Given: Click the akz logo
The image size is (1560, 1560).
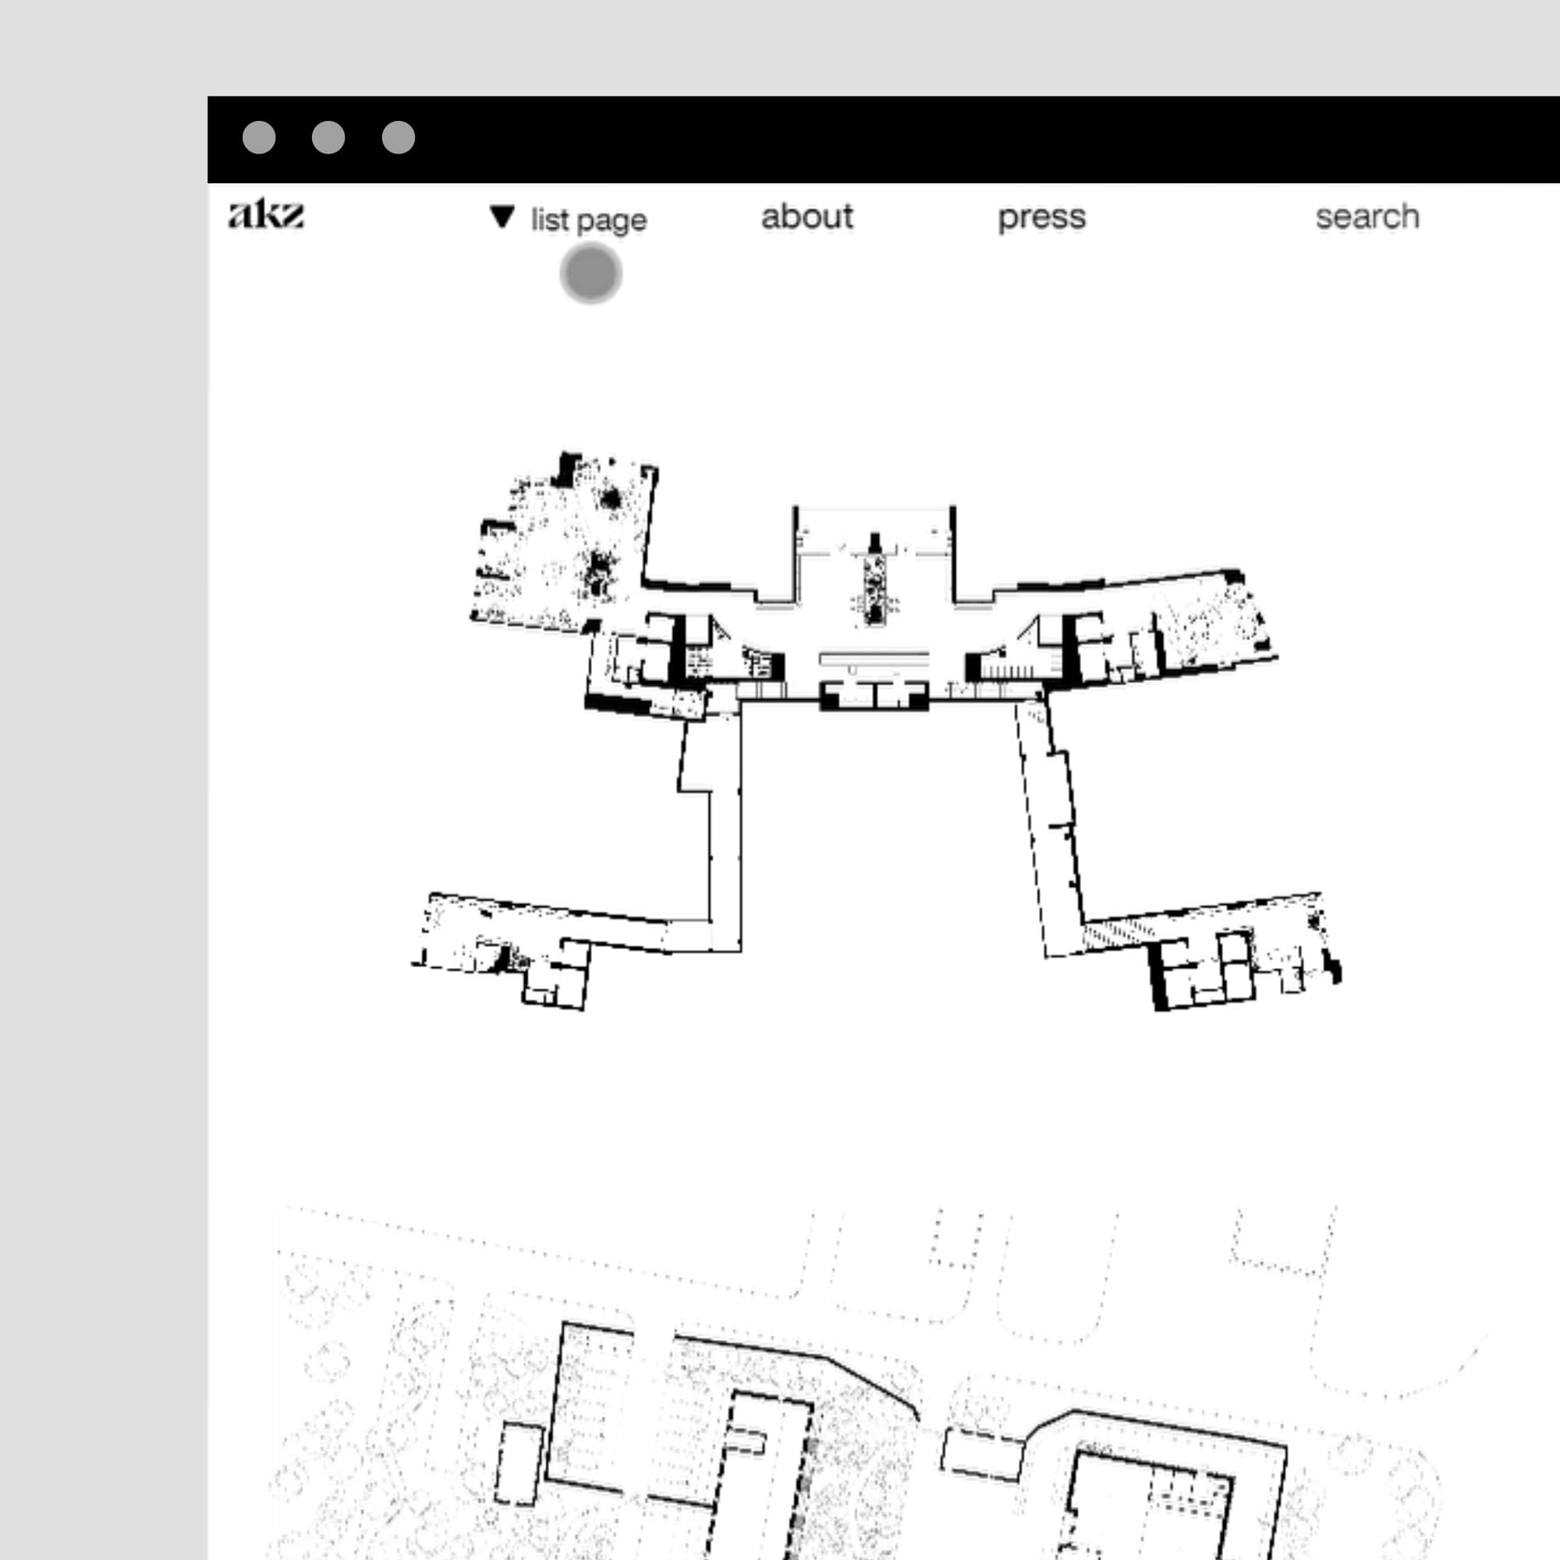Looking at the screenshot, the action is [266, 214].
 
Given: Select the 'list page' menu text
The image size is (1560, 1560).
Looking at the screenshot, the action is [589, 221].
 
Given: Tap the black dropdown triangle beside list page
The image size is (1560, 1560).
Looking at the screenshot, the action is [502, 216].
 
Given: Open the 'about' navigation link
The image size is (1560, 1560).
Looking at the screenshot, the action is [807, 216].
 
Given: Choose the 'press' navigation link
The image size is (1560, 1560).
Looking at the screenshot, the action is [1041, 217].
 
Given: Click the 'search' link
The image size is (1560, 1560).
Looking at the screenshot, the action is [1367, 216].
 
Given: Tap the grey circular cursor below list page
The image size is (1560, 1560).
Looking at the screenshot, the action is [591, 273].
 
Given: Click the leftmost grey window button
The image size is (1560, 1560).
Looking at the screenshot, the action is [259, 137].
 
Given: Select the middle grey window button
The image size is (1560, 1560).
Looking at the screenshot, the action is [328, 137].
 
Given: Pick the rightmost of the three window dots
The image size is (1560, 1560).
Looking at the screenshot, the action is [398, 137].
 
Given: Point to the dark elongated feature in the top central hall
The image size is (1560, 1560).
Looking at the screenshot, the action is [874, 578].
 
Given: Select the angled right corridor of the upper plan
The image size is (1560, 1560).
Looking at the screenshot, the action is [1050, 828].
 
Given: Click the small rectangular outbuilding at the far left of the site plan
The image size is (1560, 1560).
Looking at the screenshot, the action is [519, 1464].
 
